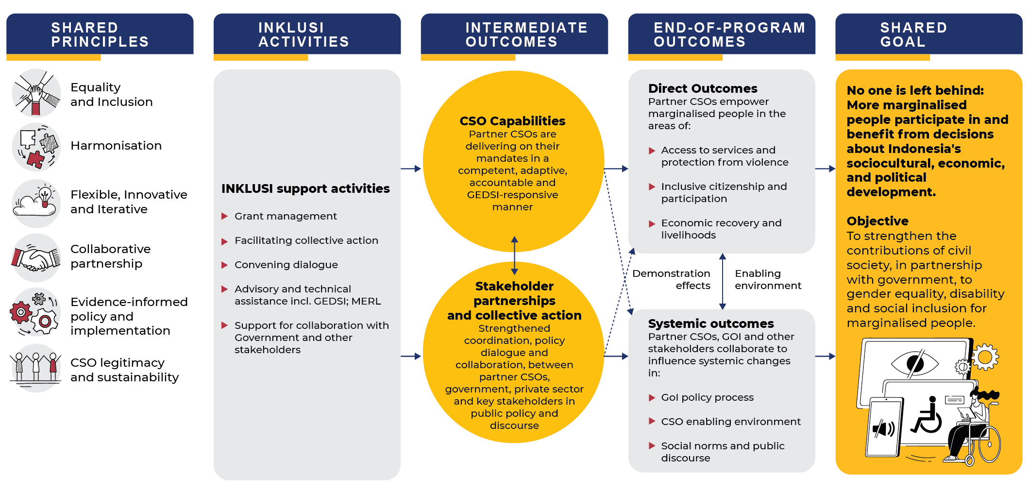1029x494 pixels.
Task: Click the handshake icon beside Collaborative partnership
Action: tap(36, 258)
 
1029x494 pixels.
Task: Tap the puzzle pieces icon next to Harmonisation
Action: tap(36, 147)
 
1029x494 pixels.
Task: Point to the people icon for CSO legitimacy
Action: tap(35, 368)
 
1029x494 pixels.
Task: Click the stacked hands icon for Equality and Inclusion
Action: tap(36, 93)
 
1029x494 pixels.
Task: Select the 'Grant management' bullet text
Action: tap(286, 216)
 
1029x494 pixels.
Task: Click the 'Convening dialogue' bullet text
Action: tap(286, 265)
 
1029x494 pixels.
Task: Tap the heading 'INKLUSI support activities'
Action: tap(305, 188)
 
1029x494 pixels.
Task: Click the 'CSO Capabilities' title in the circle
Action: tap(512, 121)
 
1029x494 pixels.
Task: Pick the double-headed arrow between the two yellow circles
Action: tap(515, 256)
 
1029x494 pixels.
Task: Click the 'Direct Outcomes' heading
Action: tap(703, 88)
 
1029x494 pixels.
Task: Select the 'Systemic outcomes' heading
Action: tap(711, 324)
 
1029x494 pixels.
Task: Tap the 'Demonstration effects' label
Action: tap(671, 279)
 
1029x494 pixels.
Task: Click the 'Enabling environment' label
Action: tap(768, 279)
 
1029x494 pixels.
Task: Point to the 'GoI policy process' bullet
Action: tap(708, 397)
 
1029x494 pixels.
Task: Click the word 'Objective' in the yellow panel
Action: tap(877, 221)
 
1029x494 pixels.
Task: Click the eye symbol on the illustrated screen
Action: tap(915, 363)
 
